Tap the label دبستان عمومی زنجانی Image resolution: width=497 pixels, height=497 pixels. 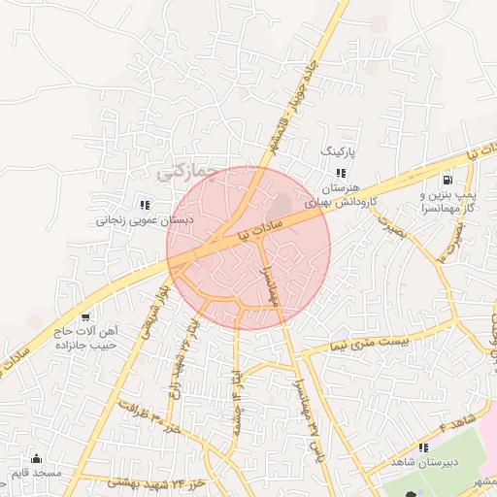[x=145, y=220]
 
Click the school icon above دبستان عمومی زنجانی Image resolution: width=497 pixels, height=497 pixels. [x=146, y=204]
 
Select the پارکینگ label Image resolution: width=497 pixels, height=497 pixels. [x=339, y=153]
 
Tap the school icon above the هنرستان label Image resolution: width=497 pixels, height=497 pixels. [x=340, y=172]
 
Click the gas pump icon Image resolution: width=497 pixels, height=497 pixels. [x=447, y=179]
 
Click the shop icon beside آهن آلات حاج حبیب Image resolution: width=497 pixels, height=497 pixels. [x=86, y=316]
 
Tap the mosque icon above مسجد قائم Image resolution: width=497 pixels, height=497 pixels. [x=37, y=458]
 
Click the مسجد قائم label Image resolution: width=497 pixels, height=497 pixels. [x=36, y=473]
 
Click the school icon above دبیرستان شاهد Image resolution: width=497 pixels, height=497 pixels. [x=422, y=447]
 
